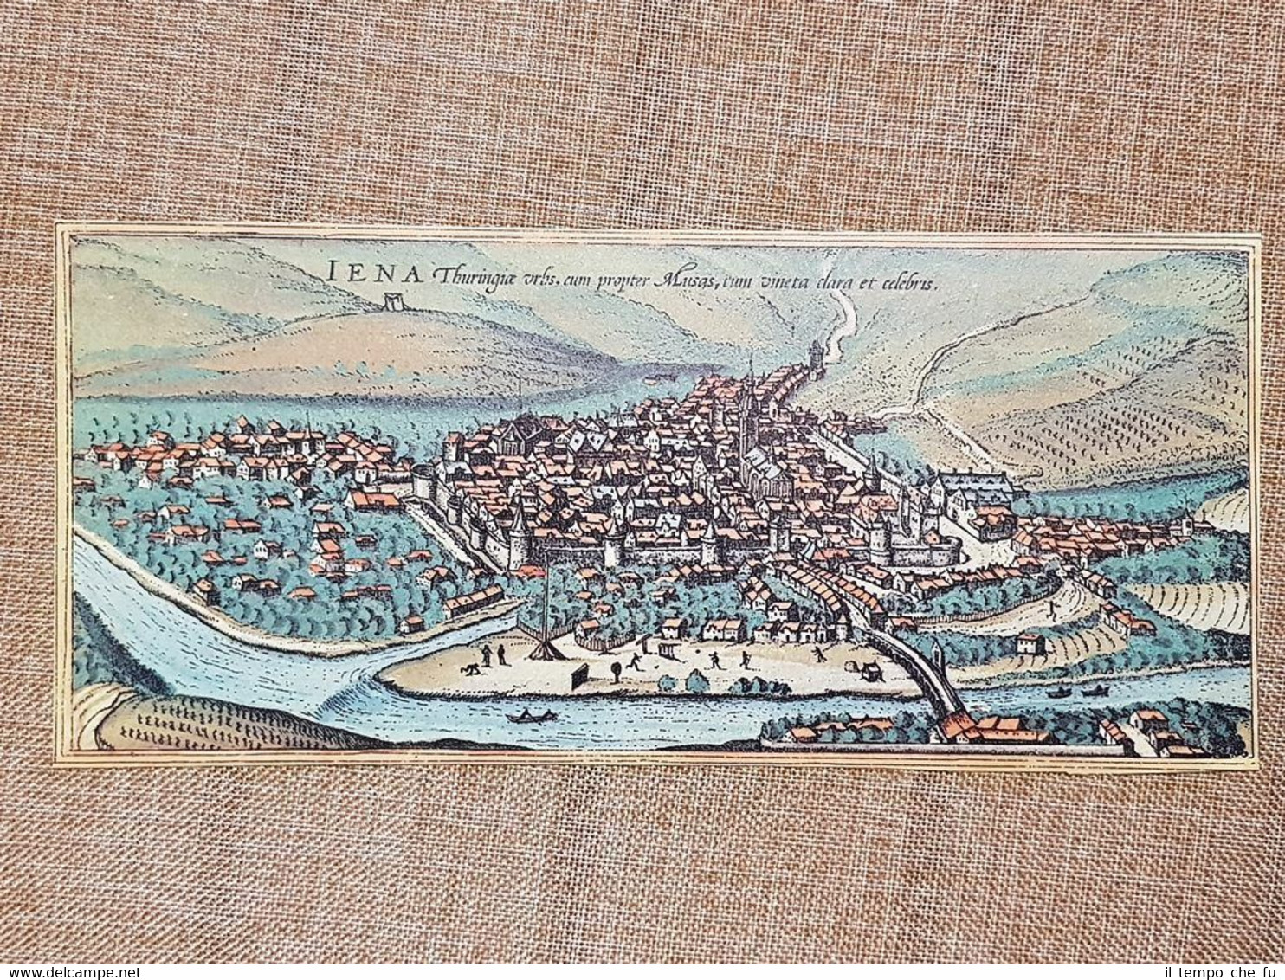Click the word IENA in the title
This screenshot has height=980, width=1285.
point(376,272)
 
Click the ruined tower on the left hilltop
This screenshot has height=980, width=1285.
point(394,300)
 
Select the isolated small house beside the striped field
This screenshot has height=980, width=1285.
point(1030,643)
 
